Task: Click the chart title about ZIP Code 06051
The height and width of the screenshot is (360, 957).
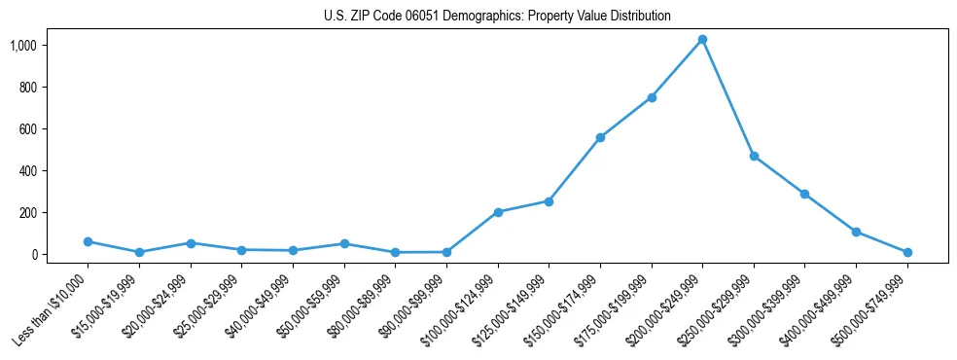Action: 497,17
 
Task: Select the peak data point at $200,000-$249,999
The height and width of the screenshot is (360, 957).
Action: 702,39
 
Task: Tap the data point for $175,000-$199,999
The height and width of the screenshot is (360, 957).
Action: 652,97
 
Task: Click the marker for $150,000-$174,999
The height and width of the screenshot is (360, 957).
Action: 600,137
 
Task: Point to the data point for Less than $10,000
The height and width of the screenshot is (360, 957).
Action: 88,241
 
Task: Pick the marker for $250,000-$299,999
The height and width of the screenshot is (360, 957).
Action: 754,156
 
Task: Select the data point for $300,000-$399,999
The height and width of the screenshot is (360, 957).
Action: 805,194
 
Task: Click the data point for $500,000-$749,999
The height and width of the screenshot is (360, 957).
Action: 907,252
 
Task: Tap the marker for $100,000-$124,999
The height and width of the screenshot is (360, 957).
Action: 498,212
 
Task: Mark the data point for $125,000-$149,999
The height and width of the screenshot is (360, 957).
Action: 549,201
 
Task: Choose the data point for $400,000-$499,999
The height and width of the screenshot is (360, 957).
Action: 856,232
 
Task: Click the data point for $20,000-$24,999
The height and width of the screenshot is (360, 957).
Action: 191,243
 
